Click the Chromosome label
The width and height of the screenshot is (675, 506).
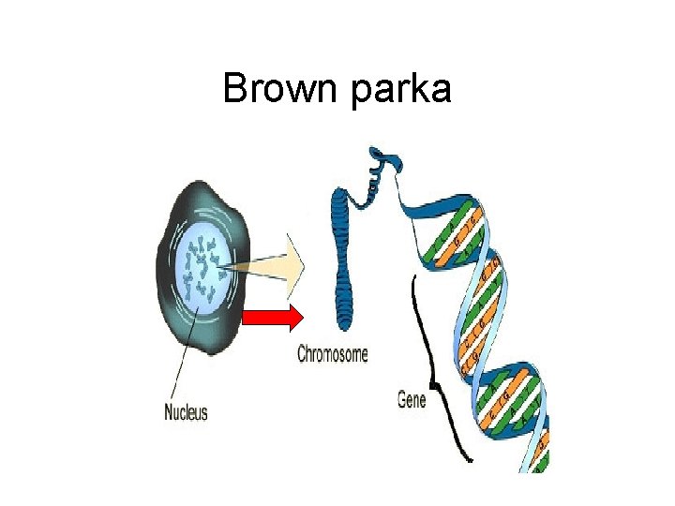[x=332, y=354]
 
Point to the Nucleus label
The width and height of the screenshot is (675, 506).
[x=186, y=411]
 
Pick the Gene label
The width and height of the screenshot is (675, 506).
[x=412, y=400]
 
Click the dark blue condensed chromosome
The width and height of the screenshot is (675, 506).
[x=342, y=272]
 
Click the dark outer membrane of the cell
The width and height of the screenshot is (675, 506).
[x=166, y=309]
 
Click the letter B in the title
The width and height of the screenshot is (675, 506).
[x=234, y=89]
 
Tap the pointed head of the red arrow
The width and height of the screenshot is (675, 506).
[x=296, y=318]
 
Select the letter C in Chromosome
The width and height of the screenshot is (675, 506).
[x=302, y=354]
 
